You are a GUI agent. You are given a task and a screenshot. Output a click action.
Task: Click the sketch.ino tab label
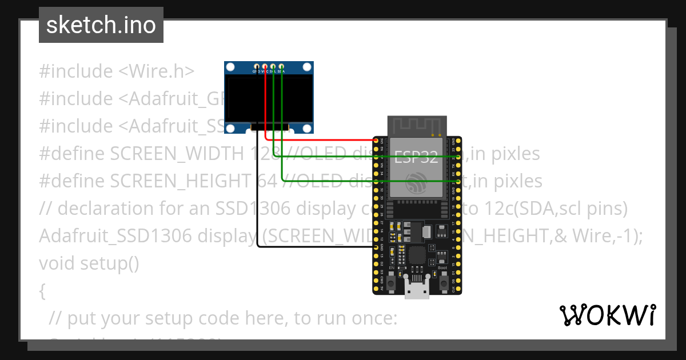point(101,25)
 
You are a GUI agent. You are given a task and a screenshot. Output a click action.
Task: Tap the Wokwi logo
point(607,315)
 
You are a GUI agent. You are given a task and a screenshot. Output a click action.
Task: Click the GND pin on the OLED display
point(257,66)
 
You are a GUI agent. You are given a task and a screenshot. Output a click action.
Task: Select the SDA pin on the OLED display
point(281,66)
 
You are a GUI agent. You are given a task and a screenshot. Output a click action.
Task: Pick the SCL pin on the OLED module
point(273,66)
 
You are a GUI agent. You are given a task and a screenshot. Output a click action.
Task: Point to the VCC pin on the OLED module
point(265,66)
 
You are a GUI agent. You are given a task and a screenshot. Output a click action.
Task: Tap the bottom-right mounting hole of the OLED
point(307,128)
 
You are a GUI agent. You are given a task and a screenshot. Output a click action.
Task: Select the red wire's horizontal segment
point(320,139)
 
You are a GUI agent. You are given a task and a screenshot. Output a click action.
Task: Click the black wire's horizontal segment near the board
point(314,247)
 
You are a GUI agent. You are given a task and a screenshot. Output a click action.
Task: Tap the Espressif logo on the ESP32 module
point(416,183)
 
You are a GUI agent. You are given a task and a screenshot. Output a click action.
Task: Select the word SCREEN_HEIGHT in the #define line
point(181,181)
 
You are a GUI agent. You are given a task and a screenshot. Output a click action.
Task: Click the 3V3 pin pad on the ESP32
point(377,139)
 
